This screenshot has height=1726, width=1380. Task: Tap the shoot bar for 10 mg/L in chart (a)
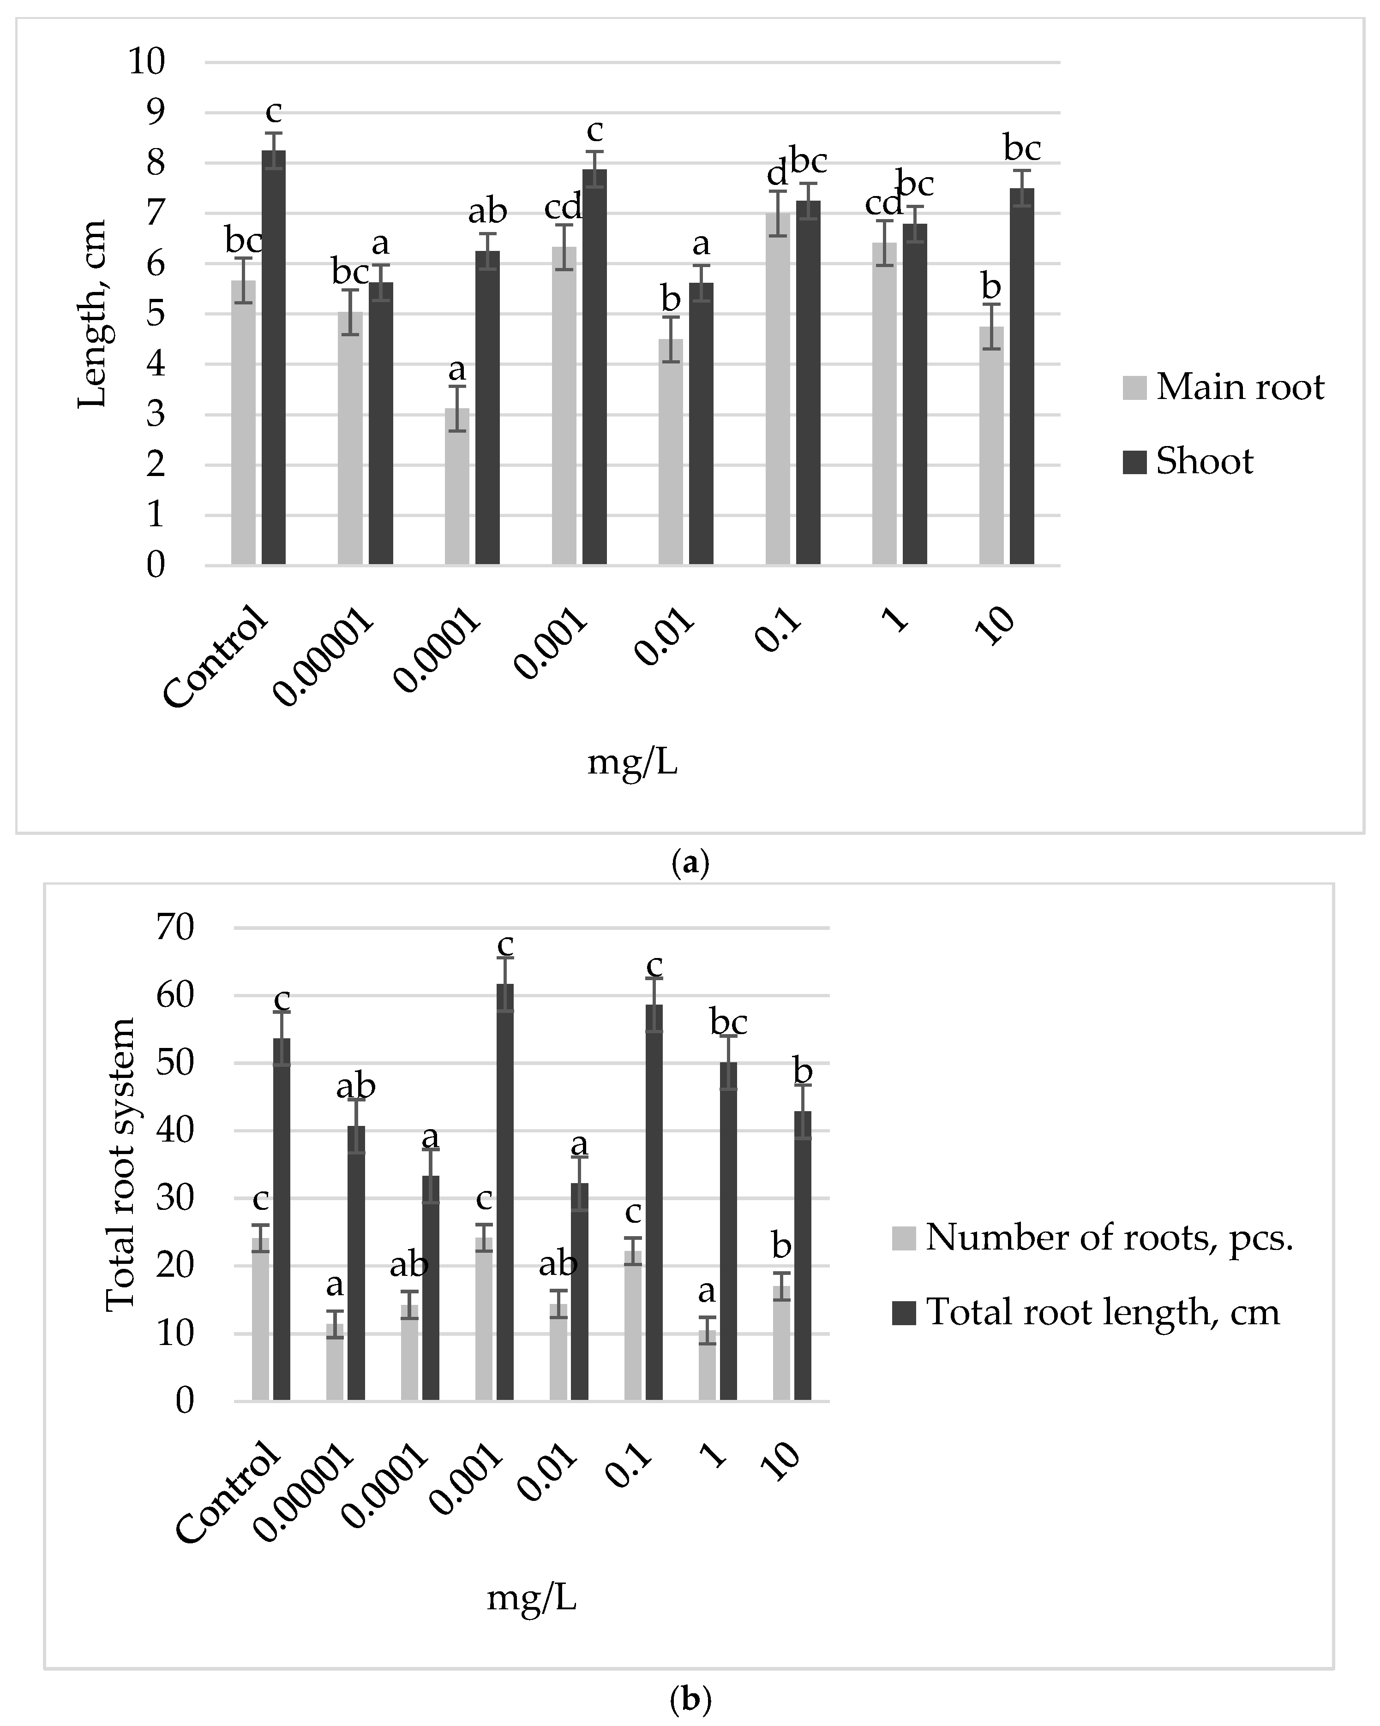pyautogui.click(x=1021, y=376)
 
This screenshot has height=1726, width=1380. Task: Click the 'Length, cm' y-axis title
pyautogui.click(x=92, y=314)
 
